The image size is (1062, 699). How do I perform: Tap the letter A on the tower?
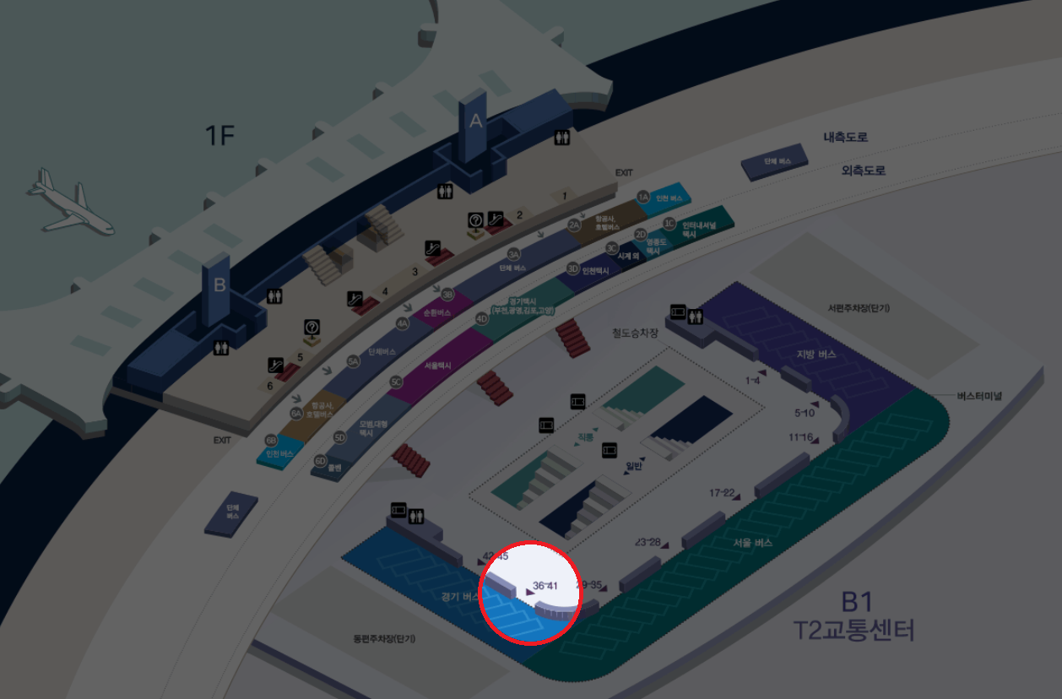point(476,122)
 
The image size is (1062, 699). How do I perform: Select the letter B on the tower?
point(219,285)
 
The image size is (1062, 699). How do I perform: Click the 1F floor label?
point(219,135)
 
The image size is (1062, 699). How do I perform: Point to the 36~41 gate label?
point(546,585)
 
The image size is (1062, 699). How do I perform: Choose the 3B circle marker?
point(448,295)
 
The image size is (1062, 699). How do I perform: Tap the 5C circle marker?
point(396,382)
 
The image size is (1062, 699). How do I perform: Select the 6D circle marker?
point(320,461)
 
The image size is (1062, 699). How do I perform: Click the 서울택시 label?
point(437,366)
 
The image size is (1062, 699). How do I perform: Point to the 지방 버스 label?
point(816,355)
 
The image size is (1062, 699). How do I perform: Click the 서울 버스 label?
point(752,543)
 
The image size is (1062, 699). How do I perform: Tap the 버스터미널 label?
point(979,396)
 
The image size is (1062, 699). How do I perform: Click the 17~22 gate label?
point(722,492)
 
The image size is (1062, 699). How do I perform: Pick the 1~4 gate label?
point(753,381)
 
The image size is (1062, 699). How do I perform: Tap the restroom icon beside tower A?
point(561,138)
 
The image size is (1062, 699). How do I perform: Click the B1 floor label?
point(856,602)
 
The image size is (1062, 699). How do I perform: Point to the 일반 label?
point(634,465)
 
